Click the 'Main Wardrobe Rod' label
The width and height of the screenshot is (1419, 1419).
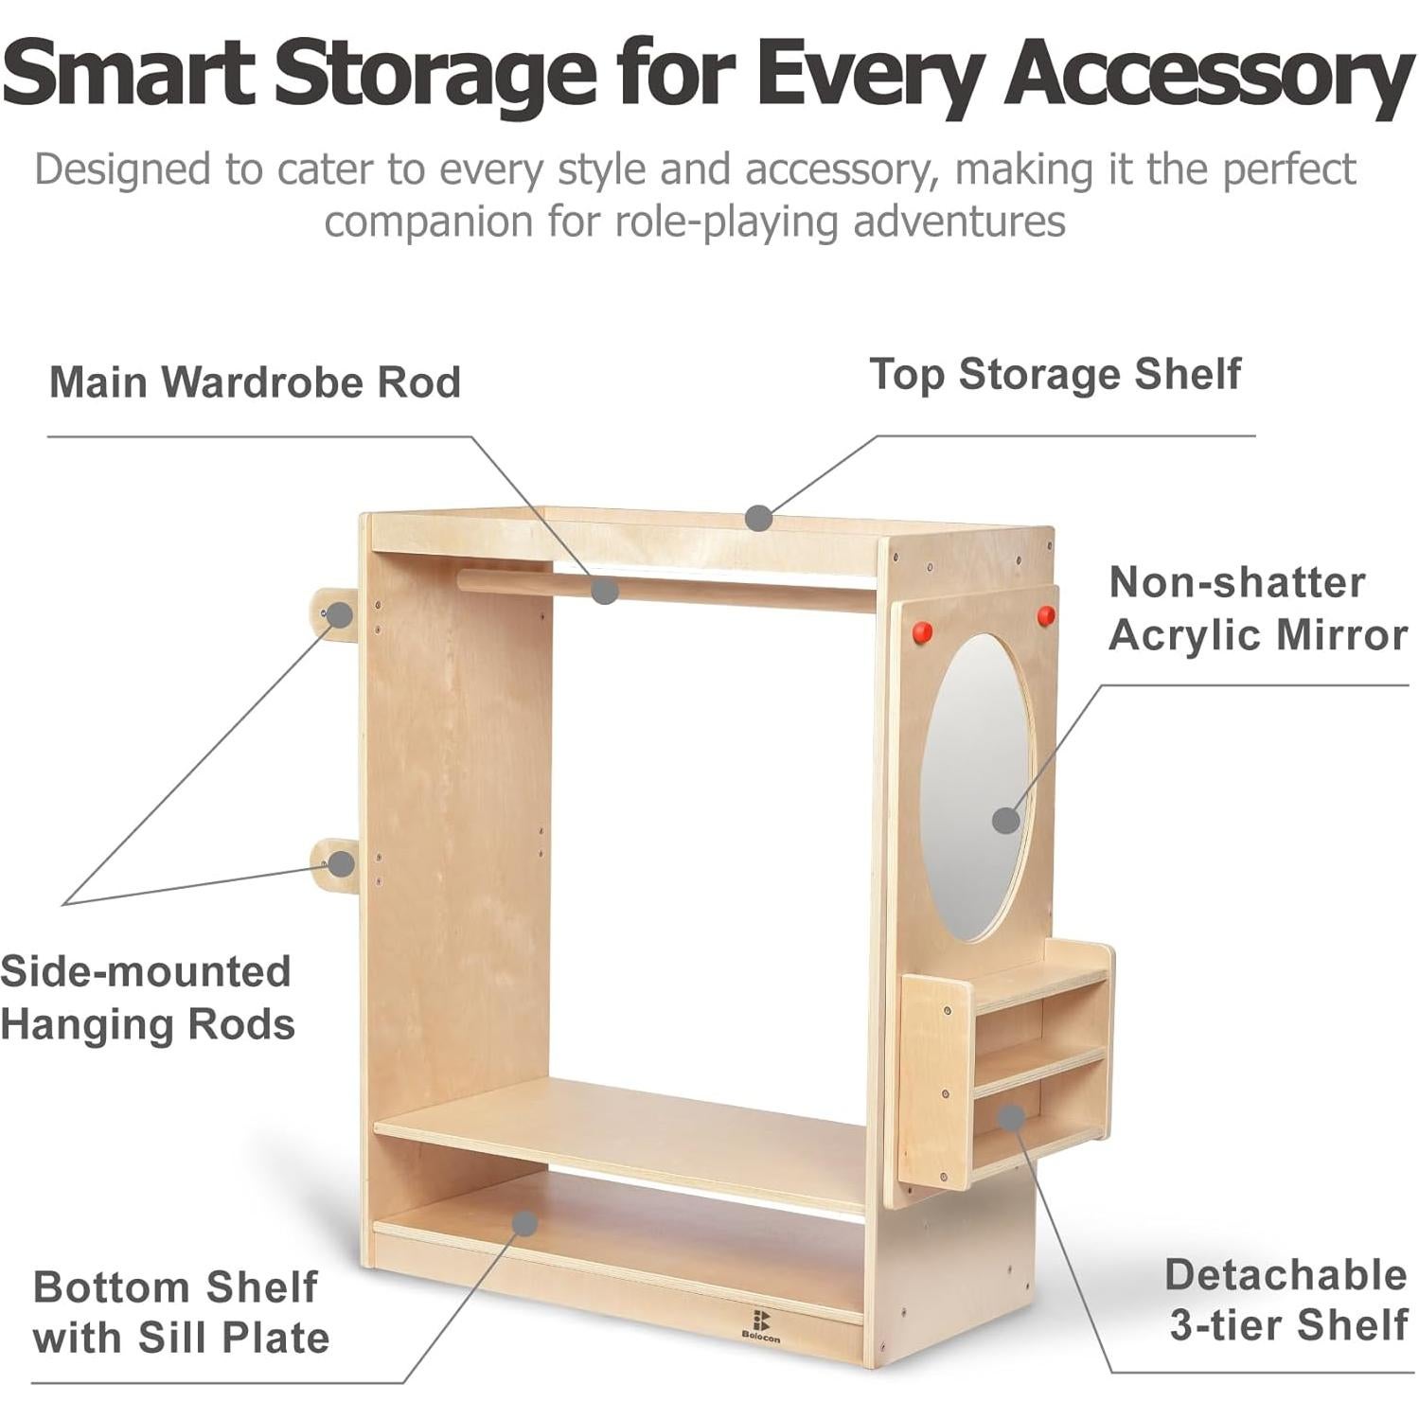(255, 382)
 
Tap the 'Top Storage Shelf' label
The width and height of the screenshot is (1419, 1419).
(1055, 375)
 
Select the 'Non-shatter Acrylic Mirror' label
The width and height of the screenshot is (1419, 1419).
(1257, 609)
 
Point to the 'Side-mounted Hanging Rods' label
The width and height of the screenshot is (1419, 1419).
(148, 998)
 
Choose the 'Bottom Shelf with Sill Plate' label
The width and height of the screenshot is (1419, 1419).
(181, 1313)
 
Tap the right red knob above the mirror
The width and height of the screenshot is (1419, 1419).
(1045, 616)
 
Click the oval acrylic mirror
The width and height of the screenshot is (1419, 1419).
(975, 786)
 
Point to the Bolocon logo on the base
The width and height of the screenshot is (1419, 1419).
(760, 1324)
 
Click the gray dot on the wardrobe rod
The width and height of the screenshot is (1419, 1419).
(605, 592)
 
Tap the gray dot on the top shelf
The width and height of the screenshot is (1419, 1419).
(758, 518)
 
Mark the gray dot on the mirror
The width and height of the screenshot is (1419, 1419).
(1006, 820)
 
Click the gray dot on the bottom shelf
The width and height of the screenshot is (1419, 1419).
(524, 1223)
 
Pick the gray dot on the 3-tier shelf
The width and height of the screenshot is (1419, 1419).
(1011, 1117)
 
